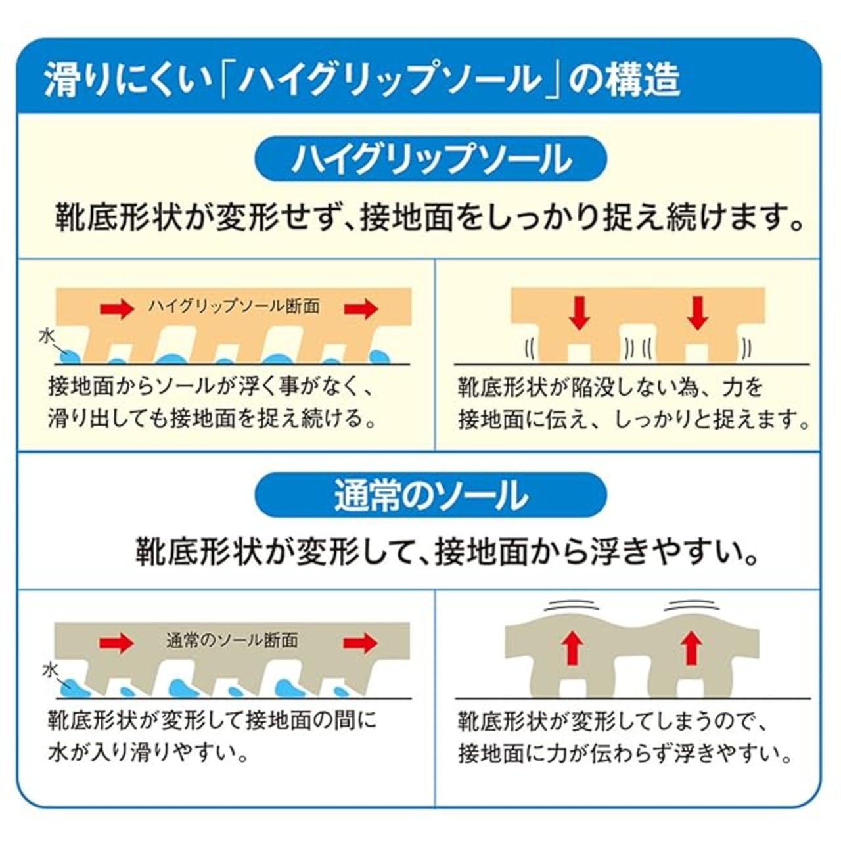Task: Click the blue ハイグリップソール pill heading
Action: click(430, 159)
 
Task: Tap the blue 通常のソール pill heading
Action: click(430, 495)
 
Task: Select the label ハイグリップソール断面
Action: click(233, 306)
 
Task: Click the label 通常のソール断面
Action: click(232, 640)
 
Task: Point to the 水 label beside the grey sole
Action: click(51, 670)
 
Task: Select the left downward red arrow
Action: click(579, 313)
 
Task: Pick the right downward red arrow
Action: click(697, 313)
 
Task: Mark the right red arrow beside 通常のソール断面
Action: click(361, 642)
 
